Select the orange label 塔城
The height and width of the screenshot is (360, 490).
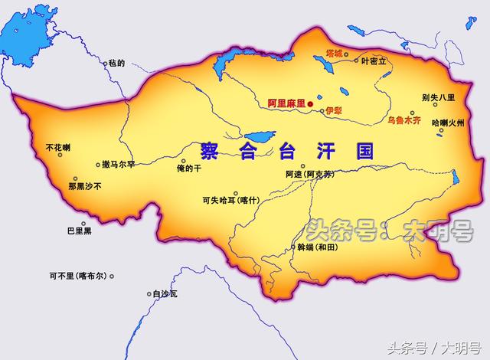click(334, 54)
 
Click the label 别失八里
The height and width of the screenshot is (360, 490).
click(438, 97)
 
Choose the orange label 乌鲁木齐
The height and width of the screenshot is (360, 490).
click(406, 120)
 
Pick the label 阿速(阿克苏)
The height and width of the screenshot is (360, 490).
click(312, 175)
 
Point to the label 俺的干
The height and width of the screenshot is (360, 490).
click(189, 169)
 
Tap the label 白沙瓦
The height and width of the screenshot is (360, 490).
click(165, 293)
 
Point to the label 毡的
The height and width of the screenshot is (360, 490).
click(116, 63)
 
